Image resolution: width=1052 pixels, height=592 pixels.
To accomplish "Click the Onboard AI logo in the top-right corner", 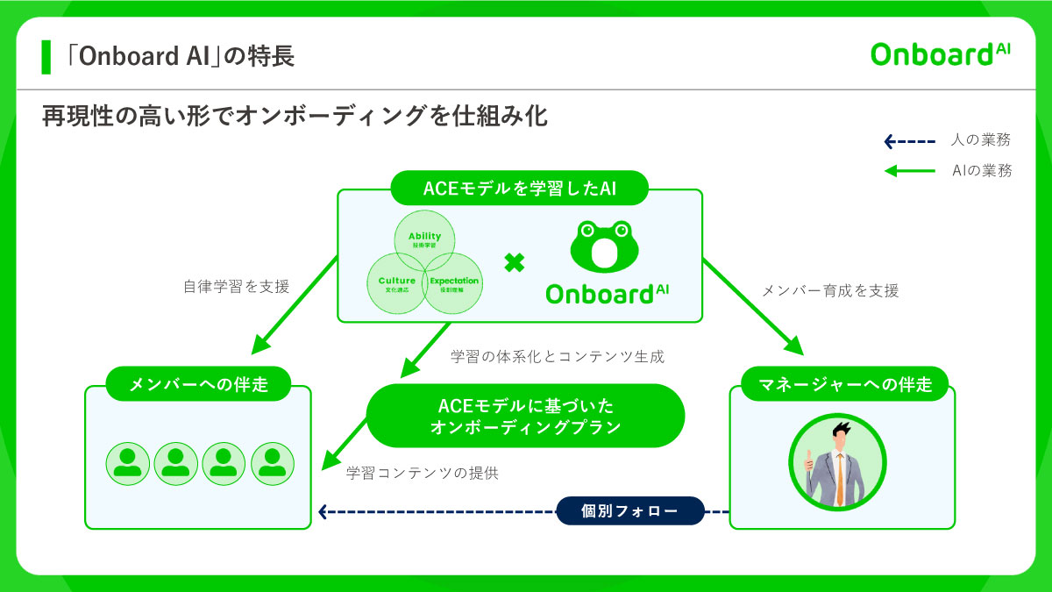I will pyautogui.click(x=940, y=53).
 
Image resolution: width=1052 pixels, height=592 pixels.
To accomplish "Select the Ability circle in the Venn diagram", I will pyautogui.click(x=424, y=238).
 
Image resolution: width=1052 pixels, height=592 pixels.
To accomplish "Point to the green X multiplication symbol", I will pyautogui.click(x=515, y=262).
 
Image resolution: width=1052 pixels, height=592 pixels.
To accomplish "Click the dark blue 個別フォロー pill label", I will pyautogui.click(x=630, y=510).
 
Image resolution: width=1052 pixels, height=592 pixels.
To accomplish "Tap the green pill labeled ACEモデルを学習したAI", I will pyautogui.click(x=521, y=189).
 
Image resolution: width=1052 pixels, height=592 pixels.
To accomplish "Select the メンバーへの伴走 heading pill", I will pyautogui.click(x=198, y=383).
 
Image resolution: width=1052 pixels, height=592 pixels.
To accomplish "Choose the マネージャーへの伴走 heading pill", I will pyautogui.click(x=843, y=383).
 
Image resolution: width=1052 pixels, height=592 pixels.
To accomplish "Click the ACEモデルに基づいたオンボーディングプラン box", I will pyautogui.click(x=524, y=416).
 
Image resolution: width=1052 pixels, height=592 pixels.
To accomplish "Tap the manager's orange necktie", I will pyautogui.click(x=840, y=478).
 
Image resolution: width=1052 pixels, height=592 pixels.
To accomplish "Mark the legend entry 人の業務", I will pyautogui.click(x=980, y=140).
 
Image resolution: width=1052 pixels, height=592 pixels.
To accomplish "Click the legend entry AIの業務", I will pyautogui.click(x=981, y=171).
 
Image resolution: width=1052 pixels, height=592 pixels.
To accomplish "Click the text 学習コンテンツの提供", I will pyautogui.click(x=423, y=473).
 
